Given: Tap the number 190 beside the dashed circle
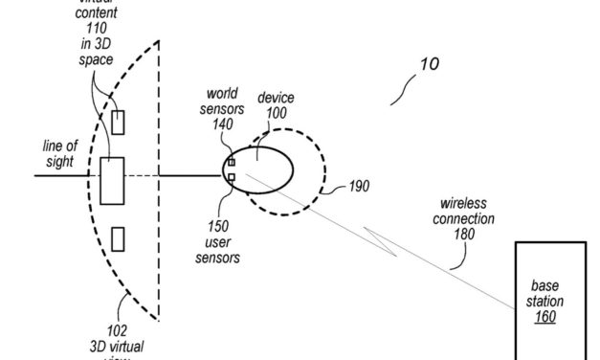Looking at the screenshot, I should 357,185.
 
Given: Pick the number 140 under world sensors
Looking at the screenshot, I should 222,124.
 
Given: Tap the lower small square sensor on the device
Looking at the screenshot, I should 232,177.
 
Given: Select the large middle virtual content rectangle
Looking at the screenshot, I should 112,181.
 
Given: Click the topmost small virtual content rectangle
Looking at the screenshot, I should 118,122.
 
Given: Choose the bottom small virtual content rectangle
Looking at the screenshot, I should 117,237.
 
